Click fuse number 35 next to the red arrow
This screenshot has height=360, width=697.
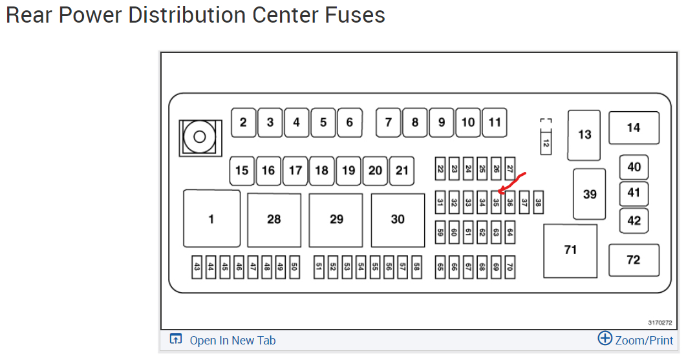pyautogui.click(x=496, y=202)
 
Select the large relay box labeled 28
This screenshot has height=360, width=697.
pyautogui.click(x=274, y=220)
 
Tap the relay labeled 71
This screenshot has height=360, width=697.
pyautogui.click(x=570, y=250)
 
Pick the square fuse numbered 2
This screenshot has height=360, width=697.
pyautogui.click(x=243, y=122)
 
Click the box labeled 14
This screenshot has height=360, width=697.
pyautogui.click(x=634, y=128)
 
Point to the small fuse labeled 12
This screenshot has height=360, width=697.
pyautogui.click(x=546, y=142)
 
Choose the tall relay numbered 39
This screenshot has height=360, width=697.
pyautogui.click(x=590, y=194)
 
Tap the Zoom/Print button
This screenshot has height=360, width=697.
pyautogui.click(x=636, y=340)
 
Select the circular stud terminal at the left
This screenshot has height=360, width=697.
pyautogui.click(x=199, y=137)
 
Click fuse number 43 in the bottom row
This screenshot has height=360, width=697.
pyautogui.click(x=197, y=267)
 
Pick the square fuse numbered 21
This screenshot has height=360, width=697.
pyautogui.click(x=402, y=171)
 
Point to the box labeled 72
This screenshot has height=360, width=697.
pyautogui.click(x=634, y=260)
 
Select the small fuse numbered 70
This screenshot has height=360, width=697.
pyautogui.click(x=510, y=267)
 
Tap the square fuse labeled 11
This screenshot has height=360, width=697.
pyautogui.click(x=495, y=122)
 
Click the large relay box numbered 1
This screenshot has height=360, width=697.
pyautogui.click(x=211, y=219)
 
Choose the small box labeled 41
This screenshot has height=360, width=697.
pyautogui.click(x=634, y=193)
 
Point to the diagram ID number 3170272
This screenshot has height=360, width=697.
pyautogui.click(x=660, y=322)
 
